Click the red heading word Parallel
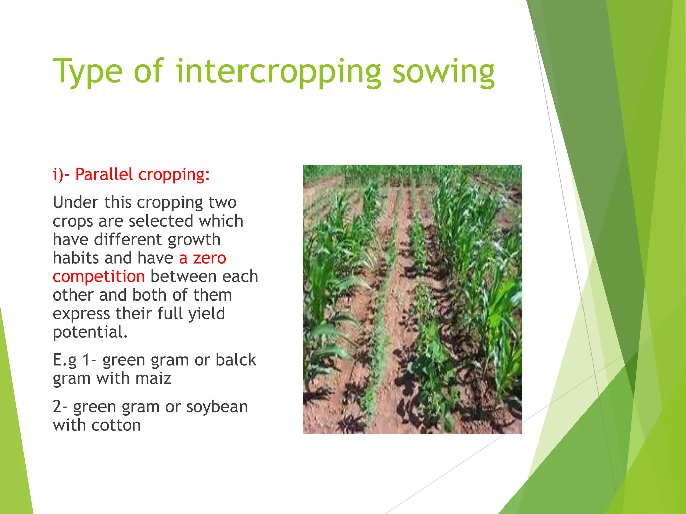click(x=104, y=174)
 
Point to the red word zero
click(x=210, y=258)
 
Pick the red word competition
click(x=99, y=277)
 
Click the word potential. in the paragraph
click(x=90, y=332)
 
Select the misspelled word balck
click(x=236, y=360)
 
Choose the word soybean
click(x=217, y=407)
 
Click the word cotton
click(x=116, y=425)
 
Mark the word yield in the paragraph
click(x=207, y=314)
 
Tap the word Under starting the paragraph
click(x=75, y=202)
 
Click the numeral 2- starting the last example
click(x=60, y=407)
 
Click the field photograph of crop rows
click(x=412, y=299)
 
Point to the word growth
click(x=194, y=240)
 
